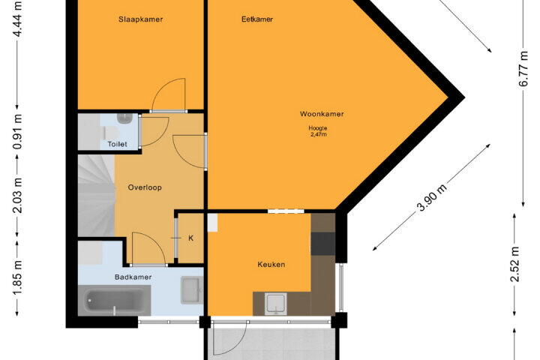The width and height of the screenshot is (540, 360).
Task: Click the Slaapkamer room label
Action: coord(140,19)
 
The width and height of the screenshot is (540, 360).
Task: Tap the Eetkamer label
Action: coord(257,19)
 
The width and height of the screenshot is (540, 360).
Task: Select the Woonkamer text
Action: coord(322,114)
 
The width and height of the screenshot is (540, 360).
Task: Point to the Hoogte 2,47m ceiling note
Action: coord(318,131)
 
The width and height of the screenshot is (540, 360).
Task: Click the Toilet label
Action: coord(118,144)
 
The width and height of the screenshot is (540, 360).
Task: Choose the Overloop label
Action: coord(145,187)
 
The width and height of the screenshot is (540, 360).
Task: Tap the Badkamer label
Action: coord(133,277)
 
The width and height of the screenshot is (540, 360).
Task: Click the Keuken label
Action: coord(271,265)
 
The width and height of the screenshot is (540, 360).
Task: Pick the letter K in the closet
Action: coord(190,238)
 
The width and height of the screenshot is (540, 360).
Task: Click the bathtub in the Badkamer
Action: coord(114,301)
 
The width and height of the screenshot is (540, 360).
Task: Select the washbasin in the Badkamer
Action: coord(190,290)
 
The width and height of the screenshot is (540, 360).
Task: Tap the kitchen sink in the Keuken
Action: coord(275,304)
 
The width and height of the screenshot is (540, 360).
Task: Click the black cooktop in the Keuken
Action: coord(323,244)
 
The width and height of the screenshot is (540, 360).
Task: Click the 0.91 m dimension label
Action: coord(18,131)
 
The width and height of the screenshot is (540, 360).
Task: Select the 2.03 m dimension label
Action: coord(18,195)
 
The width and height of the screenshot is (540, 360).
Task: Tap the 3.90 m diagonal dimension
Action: coord(432,197)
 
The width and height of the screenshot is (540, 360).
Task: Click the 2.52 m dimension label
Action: coord(514,264)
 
